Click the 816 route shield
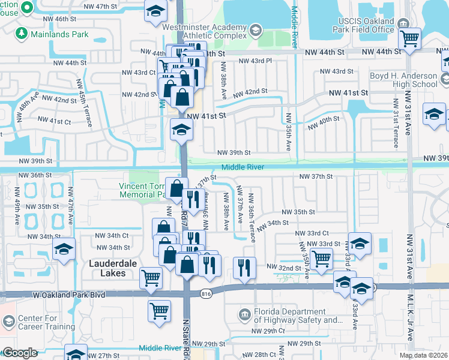click(x=206, y=289)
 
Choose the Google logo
click(x=20, y=353)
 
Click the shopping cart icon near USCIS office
click(x=409, y=38)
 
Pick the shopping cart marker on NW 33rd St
click(x=322, y=259)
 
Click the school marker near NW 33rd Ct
click(x=360, y=244)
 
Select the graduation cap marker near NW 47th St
click(x=155, y=13)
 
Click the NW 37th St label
click(x=316, y=176)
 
